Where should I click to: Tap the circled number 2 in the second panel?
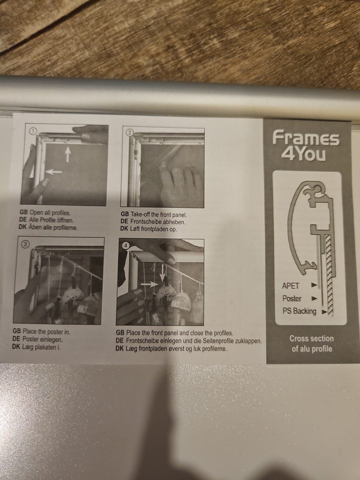point(130,133)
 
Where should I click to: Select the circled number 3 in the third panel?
point(26,244)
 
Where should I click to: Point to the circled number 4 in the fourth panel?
point(126,246)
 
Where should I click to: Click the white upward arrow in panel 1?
point(68,154)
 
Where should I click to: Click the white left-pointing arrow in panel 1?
point(54,172)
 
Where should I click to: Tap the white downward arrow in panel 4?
point(162,274)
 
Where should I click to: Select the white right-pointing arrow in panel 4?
point(149,285)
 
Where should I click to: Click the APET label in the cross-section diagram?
point(291,286)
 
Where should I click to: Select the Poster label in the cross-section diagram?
point(292,298)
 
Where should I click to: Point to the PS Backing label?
point(299,311)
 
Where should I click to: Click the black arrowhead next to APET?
point(314,285)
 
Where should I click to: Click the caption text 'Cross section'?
point(312,339)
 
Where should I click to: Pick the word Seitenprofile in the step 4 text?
point(218,341)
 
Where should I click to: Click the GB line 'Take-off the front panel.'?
point(159,214)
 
